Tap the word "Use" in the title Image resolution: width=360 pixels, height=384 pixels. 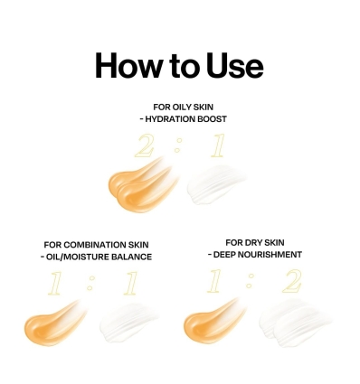click(x=233, y=67)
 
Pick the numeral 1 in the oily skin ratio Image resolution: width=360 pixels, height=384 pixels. click(x=215, y=147)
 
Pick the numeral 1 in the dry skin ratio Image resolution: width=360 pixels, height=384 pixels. click(x=213, y=283)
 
